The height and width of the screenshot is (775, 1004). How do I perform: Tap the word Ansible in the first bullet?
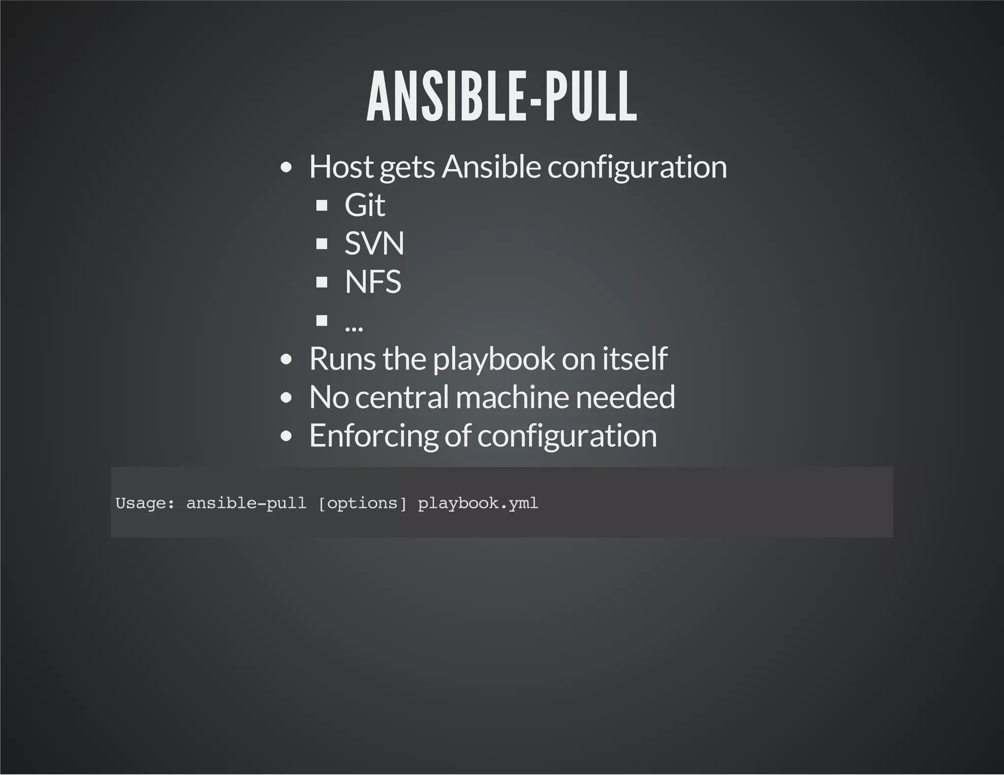tap(491, 167)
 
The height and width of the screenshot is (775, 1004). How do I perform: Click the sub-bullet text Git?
tap(364, 205)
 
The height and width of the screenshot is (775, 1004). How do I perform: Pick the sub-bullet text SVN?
tap(374, 243)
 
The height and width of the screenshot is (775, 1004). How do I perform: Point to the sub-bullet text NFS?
tap(373, 282)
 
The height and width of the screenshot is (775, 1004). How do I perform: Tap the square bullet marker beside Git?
tap(322, 205)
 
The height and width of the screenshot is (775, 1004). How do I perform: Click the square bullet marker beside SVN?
tap(322, 243)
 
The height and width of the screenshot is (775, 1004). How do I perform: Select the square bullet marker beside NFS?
tap(322, 282)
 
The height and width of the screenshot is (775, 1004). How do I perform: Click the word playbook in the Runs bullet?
tap(493, 359)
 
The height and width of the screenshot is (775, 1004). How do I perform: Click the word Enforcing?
tap(374, 436)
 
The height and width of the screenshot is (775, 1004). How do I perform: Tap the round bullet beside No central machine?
tap(287, 397)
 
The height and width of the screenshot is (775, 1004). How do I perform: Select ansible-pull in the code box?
tap(246, 503)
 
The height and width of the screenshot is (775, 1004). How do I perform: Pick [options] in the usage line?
tap(362, 503)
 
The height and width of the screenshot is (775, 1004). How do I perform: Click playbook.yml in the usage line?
tap(478, 503)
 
